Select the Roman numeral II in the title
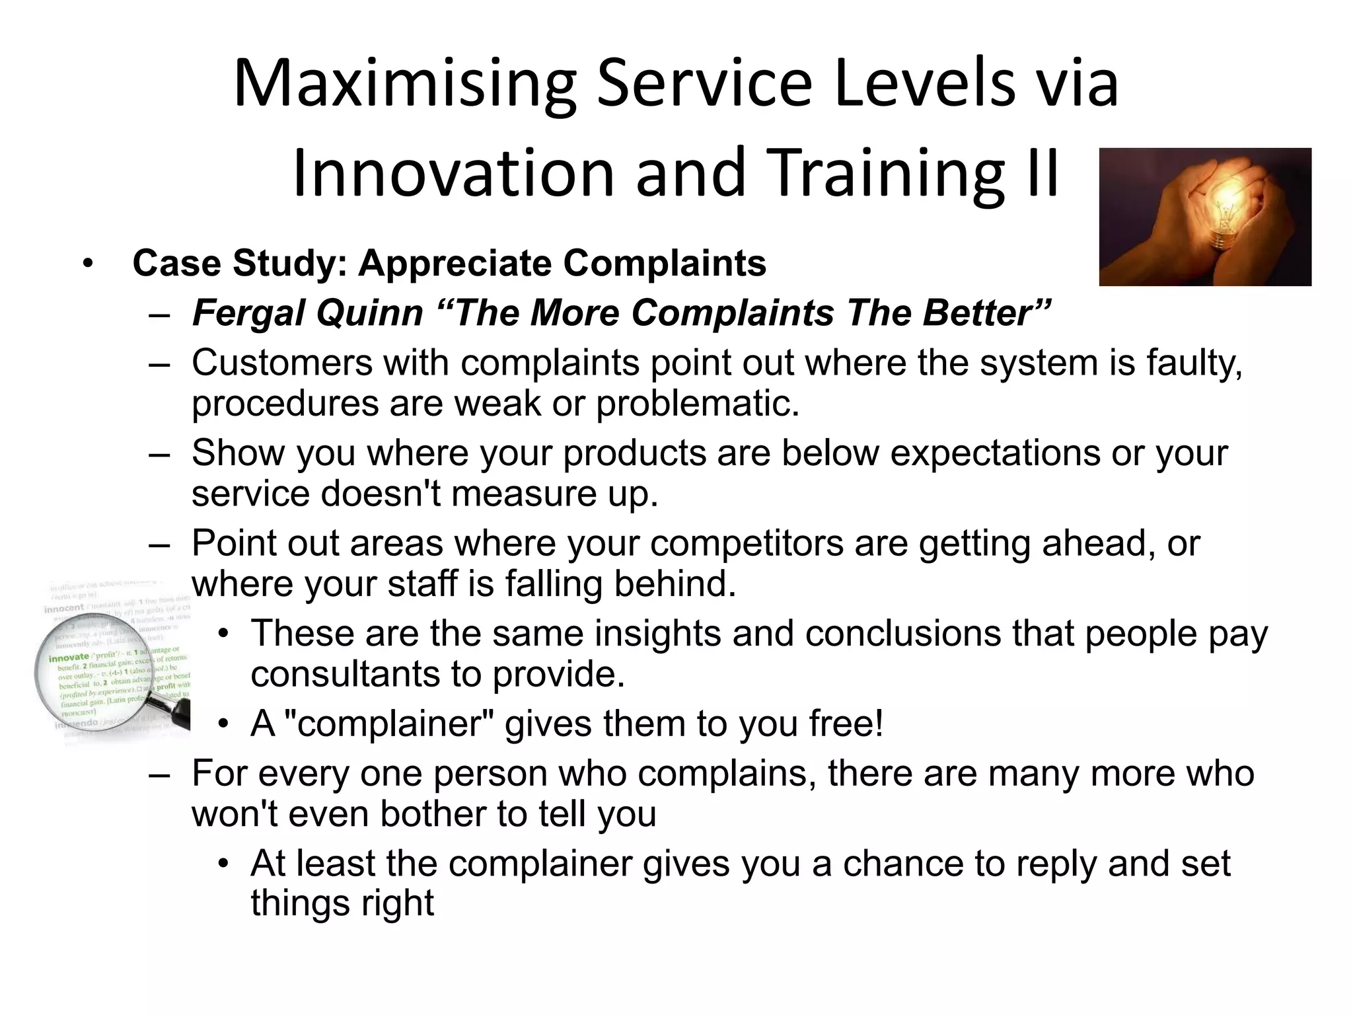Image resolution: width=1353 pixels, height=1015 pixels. (x=1042, y=173)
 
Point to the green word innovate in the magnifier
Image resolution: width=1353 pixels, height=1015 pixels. (x=69, y=657)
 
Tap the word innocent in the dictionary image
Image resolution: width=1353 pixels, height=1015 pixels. (x=64, y=607)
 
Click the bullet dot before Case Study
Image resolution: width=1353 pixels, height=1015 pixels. (x=87, y=264)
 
